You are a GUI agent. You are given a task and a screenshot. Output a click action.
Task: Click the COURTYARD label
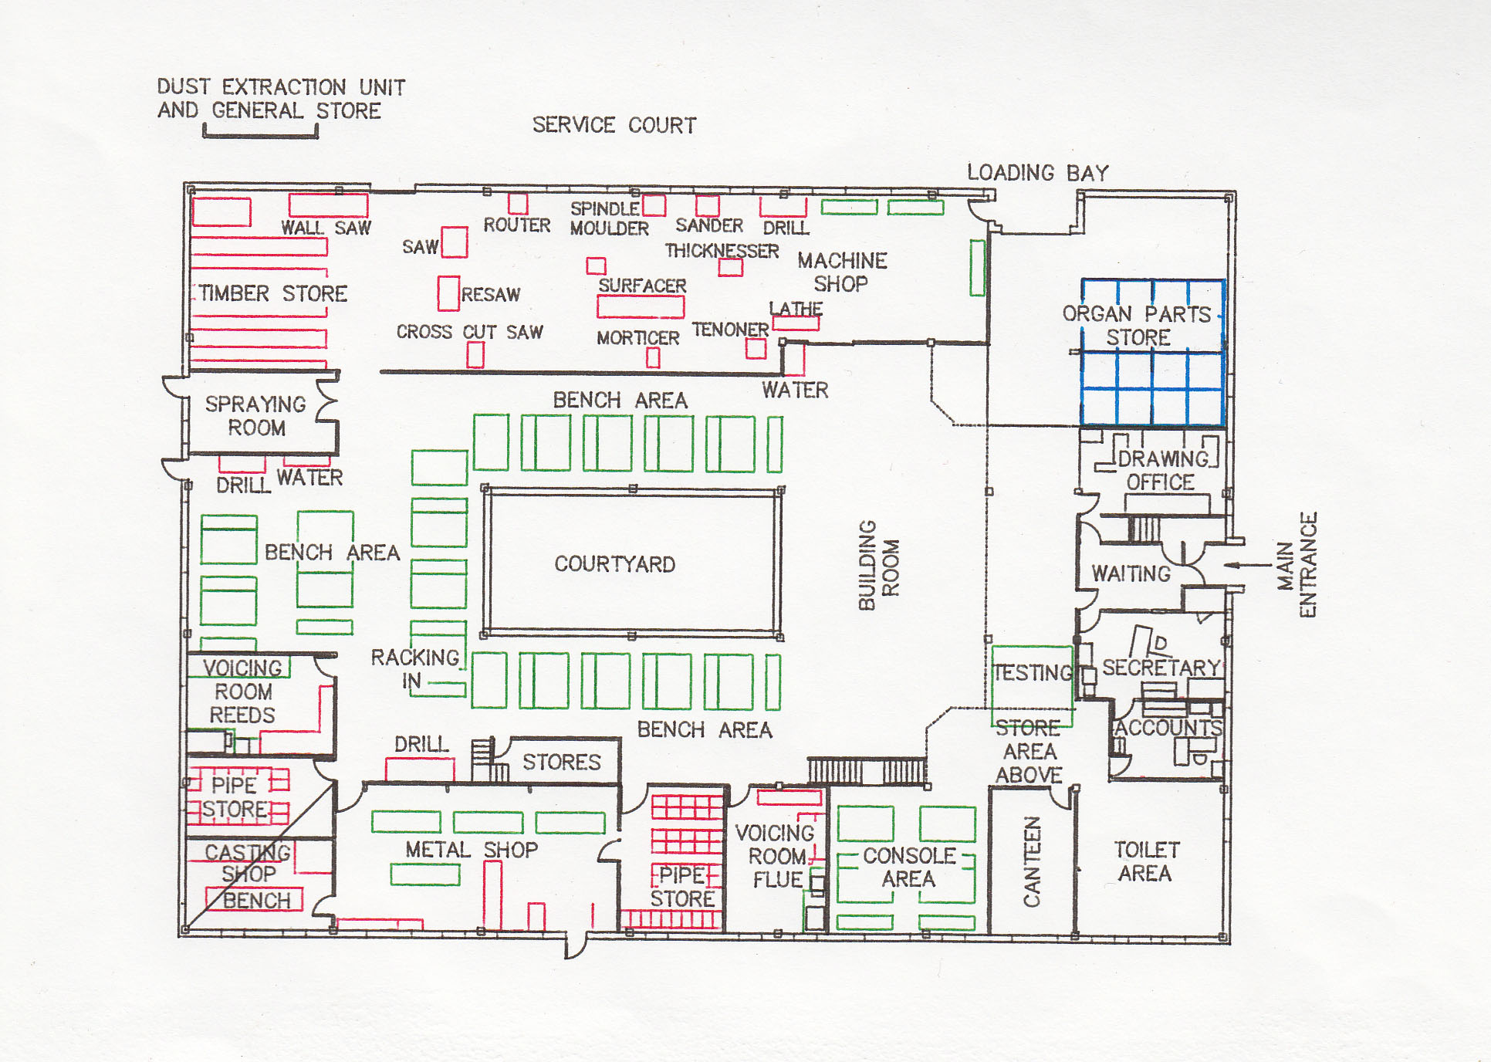pos(614,564)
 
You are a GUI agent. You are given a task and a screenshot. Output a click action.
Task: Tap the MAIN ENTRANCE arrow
pos(1247,565)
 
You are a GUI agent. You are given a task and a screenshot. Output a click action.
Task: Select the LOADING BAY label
pos(1037,173)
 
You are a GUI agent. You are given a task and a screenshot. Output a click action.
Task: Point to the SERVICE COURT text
pos(614,125)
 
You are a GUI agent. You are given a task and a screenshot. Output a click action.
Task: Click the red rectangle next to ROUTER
pos(518,204)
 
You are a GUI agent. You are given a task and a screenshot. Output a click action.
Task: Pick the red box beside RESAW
pos(448,293)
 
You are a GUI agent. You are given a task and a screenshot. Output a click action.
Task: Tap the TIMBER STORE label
pos(273,293)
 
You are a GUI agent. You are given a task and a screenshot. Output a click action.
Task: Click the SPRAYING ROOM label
pos(255,416)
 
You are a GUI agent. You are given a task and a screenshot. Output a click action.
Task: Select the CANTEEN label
pos(1032,861)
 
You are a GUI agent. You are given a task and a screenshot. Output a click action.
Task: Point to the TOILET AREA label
pos(1146,861)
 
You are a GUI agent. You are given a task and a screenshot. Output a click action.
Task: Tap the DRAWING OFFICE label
pos(1161,470)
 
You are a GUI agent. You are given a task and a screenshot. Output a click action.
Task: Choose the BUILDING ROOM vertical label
pos(878,565)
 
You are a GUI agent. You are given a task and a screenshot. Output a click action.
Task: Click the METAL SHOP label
pos(472,850)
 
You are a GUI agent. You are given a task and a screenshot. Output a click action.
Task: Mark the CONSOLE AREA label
pos(909,867)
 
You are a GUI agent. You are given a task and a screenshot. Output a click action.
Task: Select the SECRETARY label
pos(1161,668)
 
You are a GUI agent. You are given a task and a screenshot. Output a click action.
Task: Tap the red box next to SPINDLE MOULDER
pos(654,205)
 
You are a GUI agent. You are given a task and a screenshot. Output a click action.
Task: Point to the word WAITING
pos(1131,573)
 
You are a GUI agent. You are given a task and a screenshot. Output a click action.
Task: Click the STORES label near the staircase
pos(561,763)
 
